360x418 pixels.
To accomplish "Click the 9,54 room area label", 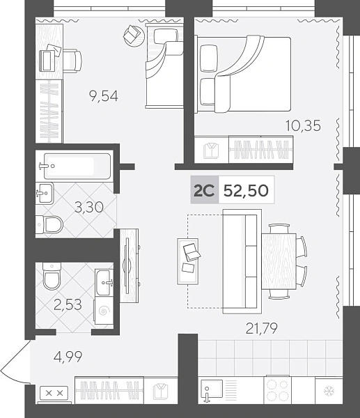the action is click(x=104, y=96).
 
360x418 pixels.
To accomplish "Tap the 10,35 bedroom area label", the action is click(x=303, y=125).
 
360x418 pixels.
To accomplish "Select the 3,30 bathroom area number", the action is click(x=89, y=207).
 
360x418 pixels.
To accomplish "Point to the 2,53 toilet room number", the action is click(x=68, y=304).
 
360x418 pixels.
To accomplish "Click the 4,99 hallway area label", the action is click(x=68, y=357).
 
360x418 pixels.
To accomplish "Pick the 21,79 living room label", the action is click(x=261, y=328).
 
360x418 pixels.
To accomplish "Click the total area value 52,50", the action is click(x=246, y=190).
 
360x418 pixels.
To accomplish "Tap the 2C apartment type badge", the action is click(x=205, y=190).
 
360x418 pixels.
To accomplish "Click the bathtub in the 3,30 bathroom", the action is click(x=77, y=166).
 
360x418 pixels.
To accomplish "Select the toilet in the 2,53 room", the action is click(x=52, y=276).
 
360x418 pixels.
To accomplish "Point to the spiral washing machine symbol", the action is click(x=104, y=311).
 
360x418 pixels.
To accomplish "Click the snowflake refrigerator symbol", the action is click(x=329, y=392).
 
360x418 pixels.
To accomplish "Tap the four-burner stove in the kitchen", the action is click(x=277, y=390).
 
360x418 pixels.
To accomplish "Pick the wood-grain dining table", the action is click(x=279, y=261).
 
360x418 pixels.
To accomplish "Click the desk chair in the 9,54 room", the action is click(x=72, y=61).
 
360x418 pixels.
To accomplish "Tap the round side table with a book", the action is click(x=134, y=36).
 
